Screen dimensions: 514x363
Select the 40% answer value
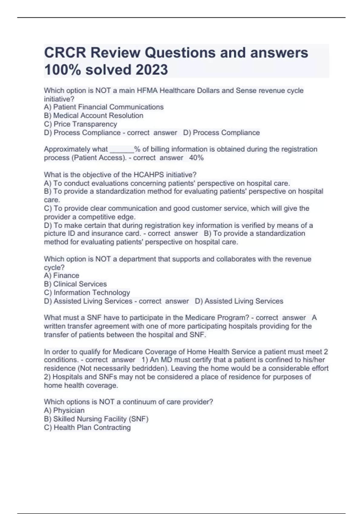(x=196, y=158)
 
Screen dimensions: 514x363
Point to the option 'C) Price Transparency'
(x=80, y=124)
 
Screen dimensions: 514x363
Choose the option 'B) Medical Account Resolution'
(x=93, y=116)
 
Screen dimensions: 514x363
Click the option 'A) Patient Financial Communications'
(x=103, y=107)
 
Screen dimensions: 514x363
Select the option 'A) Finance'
(x=61, y=276)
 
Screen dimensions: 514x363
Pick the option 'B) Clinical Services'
(x=75, y=284)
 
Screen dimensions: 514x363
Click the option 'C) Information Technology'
(x=87, y=293)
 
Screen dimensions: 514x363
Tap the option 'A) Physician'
(x=64, y=411)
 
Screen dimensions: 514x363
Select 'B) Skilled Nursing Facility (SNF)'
(x=96, y=419)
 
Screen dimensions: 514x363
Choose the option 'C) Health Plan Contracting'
(x=87, y=428)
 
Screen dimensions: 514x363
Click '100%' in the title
(x=62, y=70)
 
